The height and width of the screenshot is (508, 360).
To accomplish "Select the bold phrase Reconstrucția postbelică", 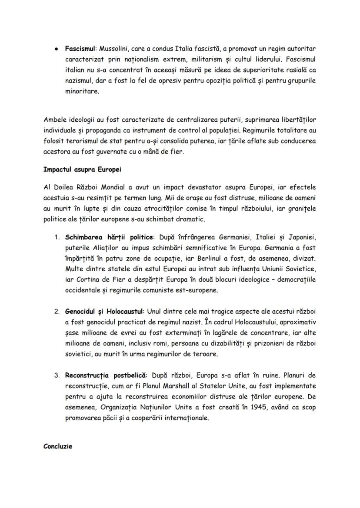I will tap(106, 375).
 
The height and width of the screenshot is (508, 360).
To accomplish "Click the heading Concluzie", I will tap(58, 446).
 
